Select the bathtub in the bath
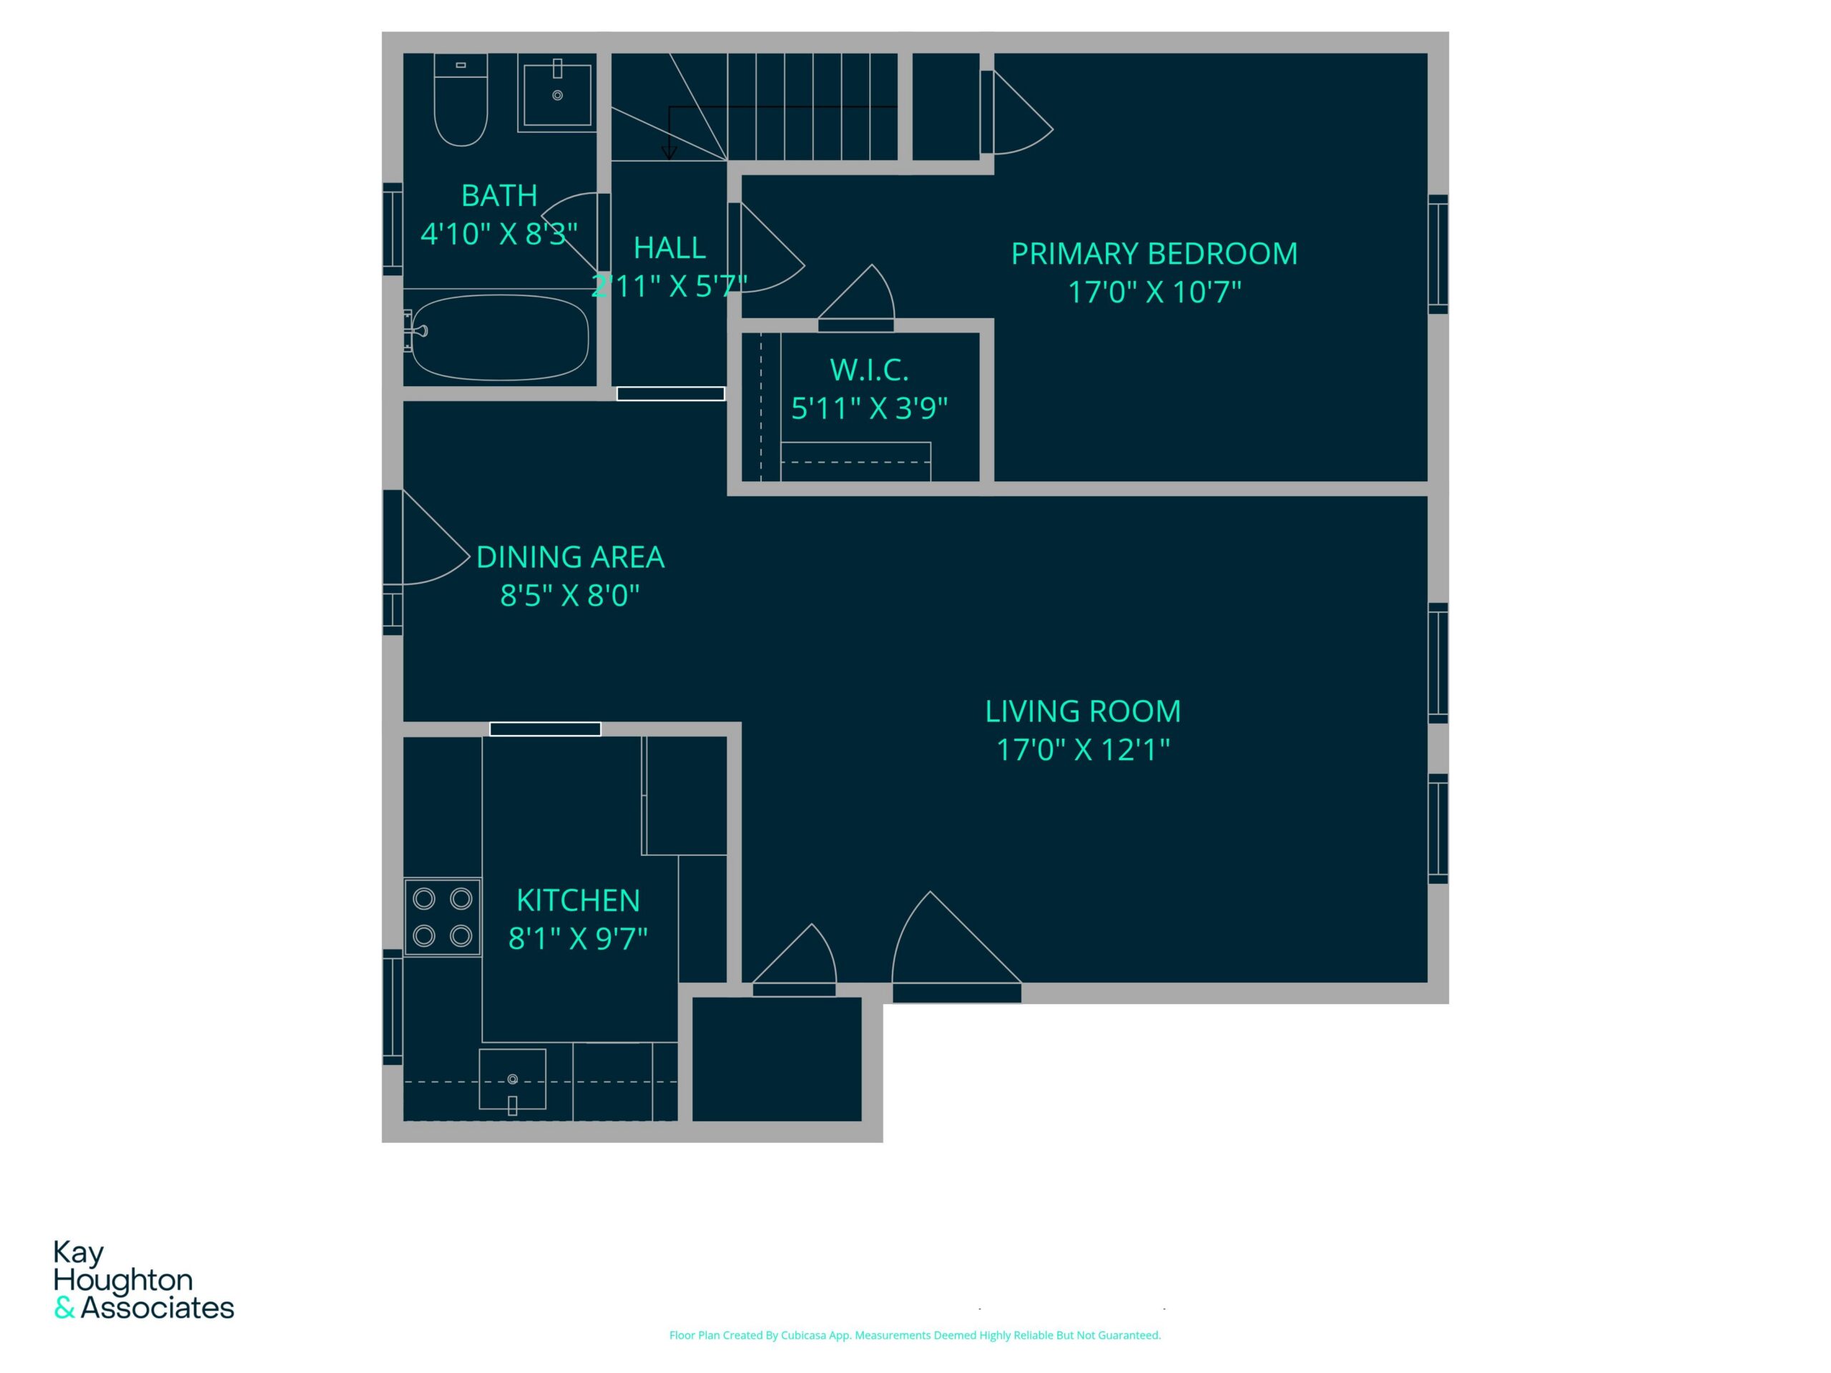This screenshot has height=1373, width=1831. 500,338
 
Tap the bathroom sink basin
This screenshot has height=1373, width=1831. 557,93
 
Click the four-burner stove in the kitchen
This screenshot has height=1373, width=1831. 443,917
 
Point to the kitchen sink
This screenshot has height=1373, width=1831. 512,1079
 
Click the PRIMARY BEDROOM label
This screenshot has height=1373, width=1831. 1154,254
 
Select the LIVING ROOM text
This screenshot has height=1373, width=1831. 1083,712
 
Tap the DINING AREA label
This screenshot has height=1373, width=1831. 570,558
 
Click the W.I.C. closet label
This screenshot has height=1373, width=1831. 869,370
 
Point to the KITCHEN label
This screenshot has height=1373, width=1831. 578,900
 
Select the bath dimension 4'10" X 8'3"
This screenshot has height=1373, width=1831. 499,235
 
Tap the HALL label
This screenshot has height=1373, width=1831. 669,248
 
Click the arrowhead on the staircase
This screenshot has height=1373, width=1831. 669,152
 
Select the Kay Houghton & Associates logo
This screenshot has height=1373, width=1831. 144,1279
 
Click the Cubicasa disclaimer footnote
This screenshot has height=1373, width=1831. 915,1335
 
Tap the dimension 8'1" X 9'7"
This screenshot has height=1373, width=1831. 578,938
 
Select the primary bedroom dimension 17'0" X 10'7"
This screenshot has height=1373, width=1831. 1154,292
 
